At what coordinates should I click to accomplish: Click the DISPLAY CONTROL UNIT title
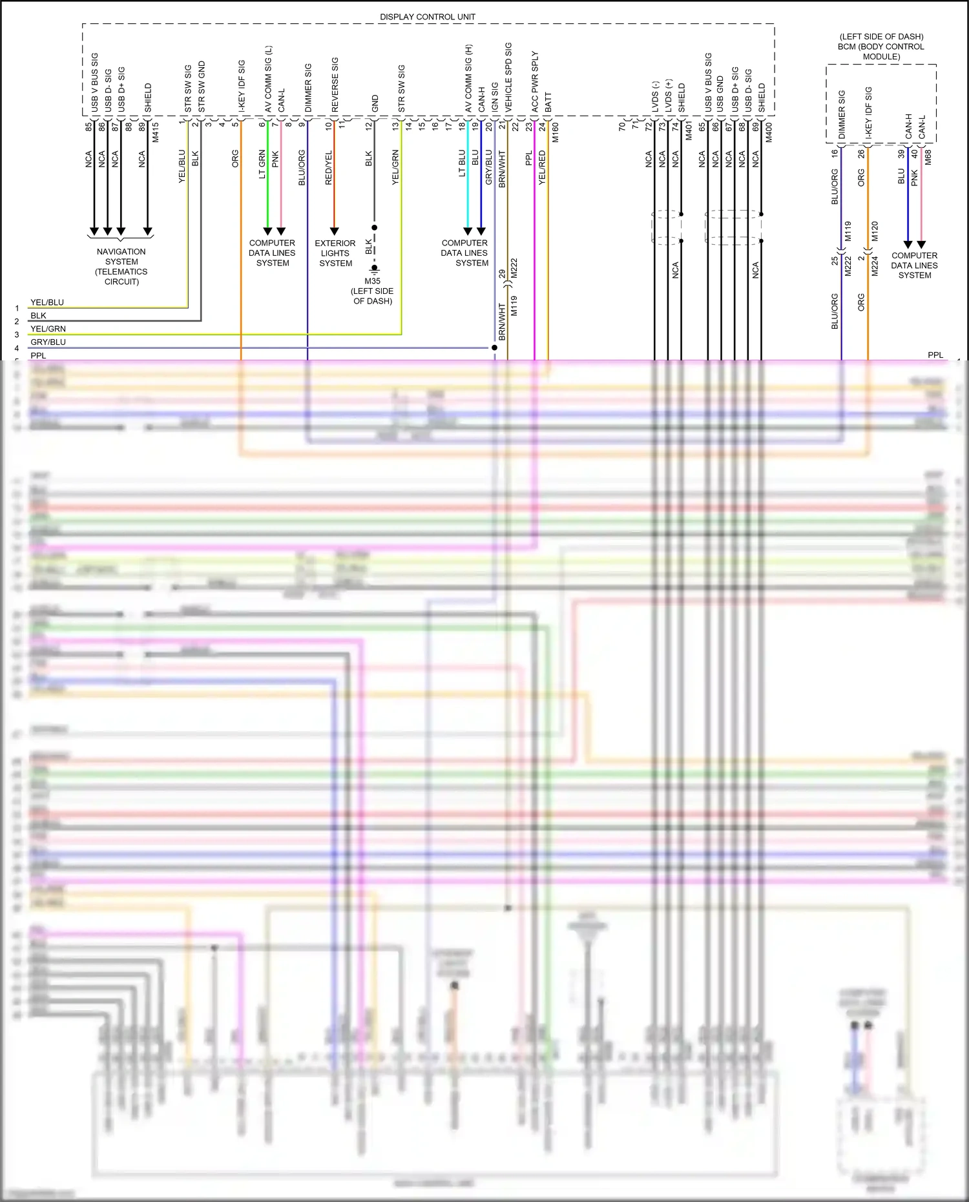427,17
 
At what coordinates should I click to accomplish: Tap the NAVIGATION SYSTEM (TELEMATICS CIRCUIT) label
121,266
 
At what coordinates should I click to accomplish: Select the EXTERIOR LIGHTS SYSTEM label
335,253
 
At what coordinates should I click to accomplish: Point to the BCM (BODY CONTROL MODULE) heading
881,47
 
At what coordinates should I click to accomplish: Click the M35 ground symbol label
373,282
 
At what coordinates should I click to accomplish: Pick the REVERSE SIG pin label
335,85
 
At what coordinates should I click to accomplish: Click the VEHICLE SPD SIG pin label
508,77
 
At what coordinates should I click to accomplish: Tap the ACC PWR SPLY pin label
534,81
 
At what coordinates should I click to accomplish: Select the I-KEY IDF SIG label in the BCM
868,112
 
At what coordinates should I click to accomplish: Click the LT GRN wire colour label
262,164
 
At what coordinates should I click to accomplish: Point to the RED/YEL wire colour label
328,168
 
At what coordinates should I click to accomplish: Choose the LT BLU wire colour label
462,163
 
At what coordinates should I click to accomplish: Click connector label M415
155,132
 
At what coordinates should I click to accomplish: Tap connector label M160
555,132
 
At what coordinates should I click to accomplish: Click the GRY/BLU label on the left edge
48,342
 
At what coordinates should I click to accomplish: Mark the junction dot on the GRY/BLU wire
494,347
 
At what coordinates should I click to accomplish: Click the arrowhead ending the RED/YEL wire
335,231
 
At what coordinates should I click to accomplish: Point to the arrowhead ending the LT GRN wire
267,231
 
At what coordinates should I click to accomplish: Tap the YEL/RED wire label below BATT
542,167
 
